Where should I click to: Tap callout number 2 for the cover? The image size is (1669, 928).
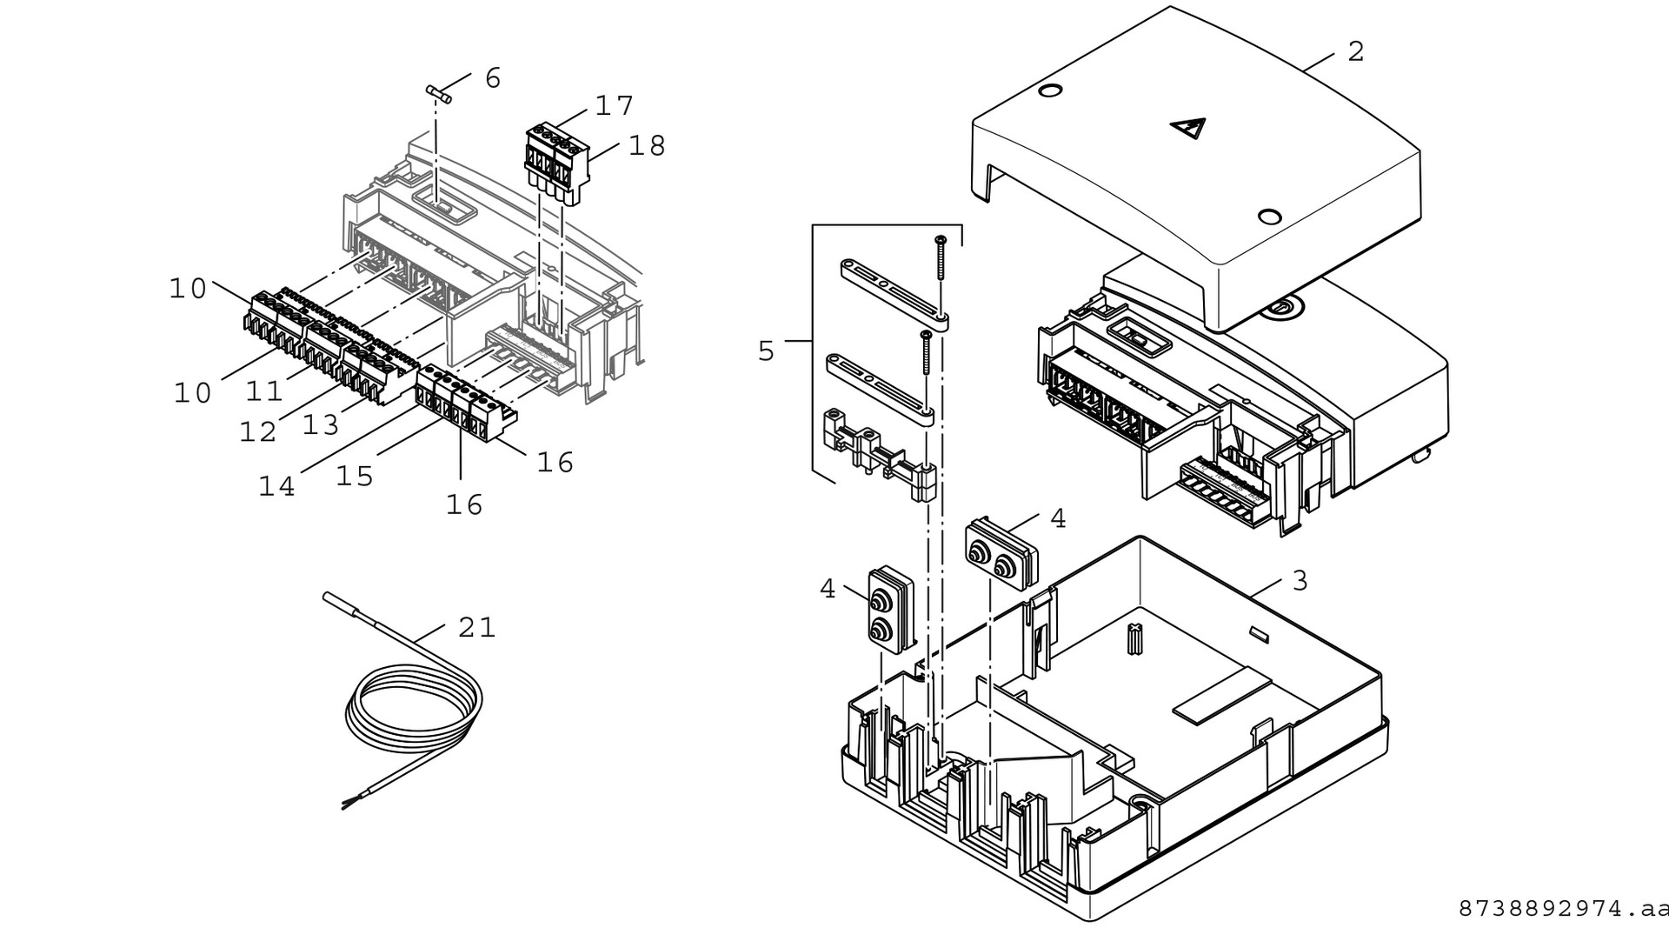1355,51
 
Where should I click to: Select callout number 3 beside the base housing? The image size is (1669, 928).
1300,580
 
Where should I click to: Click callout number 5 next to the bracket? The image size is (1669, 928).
766,351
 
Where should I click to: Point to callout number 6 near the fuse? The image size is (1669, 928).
492,78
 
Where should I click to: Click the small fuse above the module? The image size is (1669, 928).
439,95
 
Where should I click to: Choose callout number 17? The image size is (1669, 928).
614,106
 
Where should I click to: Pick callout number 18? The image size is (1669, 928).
647,145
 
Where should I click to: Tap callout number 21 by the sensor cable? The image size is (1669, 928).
476,627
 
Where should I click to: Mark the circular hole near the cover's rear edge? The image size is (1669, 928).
1049,91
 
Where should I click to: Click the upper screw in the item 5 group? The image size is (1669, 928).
940,257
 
